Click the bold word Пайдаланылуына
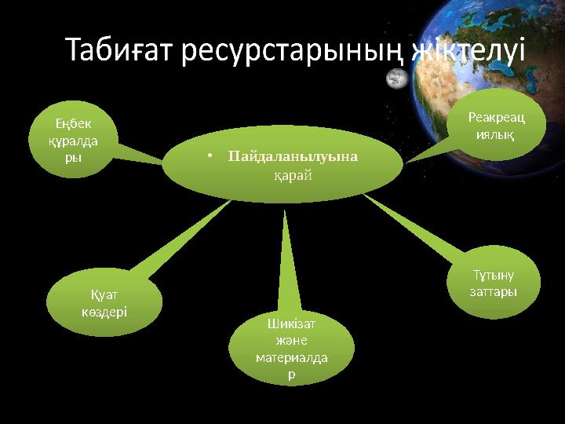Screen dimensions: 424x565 pos(293,156)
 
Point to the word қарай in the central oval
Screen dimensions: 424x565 pos(292,174)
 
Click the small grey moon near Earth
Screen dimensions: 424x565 pos(397,78)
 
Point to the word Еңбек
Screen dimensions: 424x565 pos(73,123)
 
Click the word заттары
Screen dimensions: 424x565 pos(493,292)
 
